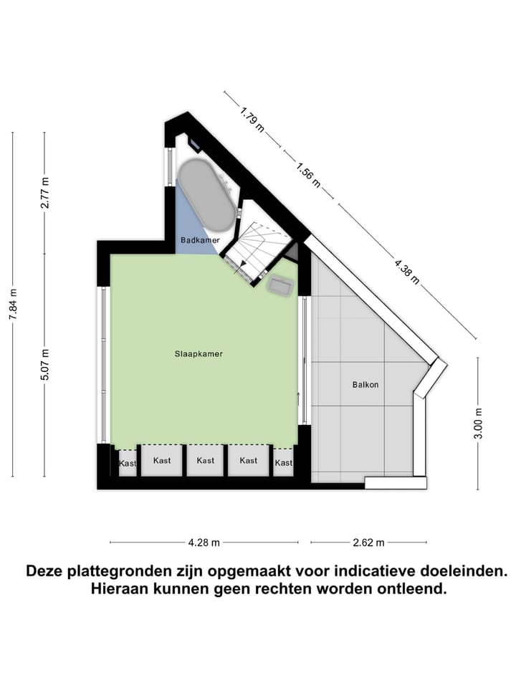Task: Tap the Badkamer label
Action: click(199, 240)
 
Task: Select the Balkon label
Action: click(365, 384)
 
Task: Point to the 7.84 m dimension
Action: click(13, 312)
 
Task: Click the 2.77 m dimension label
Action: click(44, 193)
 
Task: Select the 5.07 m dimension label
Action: click(44, 365)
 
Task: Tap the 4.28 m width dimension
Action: click(204, 542)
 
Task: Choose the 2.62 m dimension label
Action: click(368, 542)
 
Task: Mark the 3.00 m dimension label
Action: click(478, 423)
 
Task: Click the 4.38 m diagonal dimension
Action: click(406, 270)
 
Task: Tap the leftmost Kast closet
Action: click(128, 463)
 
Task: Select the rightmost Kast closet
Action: click(284, 462)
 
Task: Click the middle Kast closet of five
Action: click(206, 460)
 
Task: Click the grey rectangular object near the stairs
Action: click(279, 285)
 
